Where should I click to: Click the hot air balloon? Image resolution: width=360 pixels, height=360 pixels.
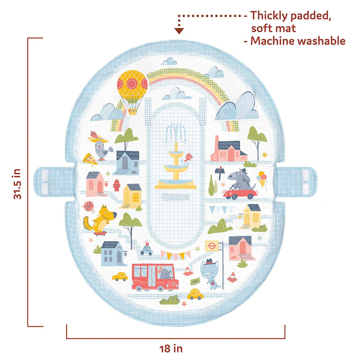132,89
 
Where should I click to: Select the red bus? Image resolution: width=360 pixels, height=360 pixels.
155,277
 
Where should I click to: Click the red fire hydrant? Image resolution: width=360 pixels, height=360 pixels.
117,185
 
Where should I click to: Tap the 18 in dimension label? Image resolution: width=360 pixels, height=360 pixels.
171,348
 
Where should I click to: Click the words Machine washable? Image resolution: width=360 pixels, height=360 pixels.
297,41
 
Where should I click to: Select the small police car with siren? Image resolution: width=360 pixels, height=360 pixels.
146,249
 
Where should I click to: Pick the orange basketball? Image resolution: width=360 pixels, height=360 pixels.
88,206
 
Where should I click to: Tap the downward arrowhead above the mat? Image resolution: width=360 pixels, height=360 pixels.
180,31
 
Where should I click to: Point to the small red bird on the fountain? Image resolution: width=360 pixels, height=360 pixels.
189,157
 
